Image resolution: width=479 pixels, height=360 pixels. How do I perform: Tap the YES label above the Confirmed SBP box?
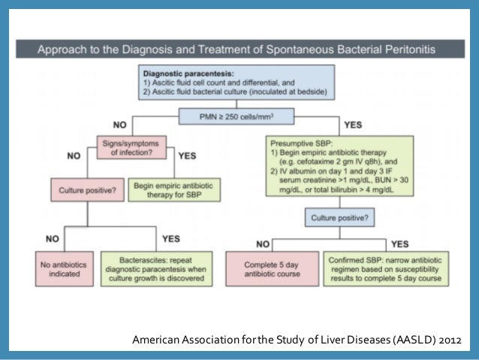click(x=399, y=244)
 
